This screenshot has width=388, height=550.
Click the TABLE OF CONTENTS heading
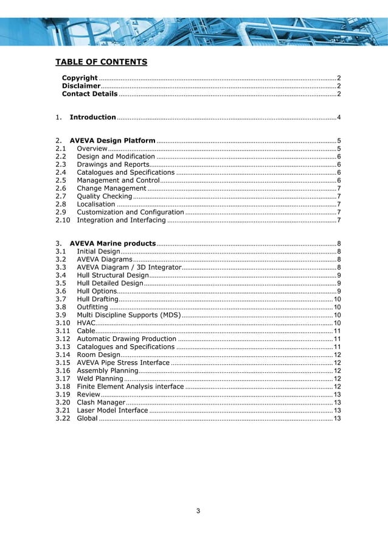(x=102, y=62)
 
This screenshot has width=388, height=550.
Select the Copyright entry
(x=80, y=78)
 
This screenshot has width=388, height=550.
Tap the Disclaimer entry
(x=81, y=86)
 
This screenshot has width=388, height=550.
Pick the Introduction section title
(x=93, y=117)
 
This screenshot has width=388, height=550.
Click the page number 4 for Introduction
(x=338, y=117)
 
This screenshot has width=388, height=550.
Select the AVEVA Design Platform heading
(x=113, y=140)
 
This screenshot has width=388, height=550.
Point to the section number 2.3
(x=61, y=164)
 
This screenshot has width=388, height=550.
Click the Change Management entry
(x=111, y=188)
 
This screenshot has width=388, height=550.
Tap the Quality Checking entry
(x=105, y=196)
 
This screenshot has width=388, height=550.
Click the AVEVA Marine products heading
(x=113, y=243)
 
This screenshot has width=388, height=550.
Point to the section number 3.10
(x=63, y=322)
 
